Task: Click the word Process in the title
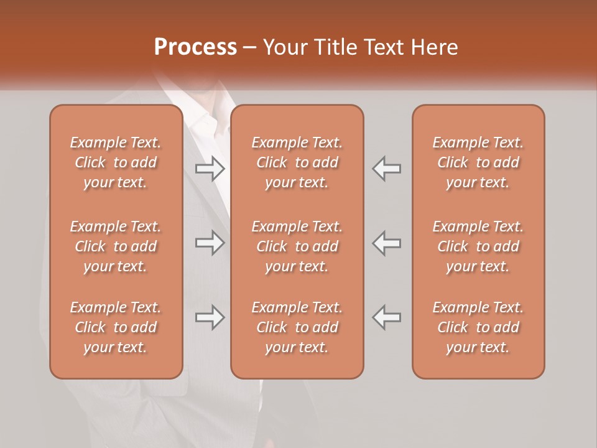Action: (195, 47)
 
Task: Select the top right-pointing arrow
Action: (210, 169)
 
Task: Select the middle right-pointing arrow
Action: (210, 243)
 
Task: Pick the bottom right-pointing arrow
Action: (210, 317)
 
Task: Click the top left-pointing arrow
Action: (386, 169)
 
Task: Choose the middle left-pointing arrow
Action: (386, 243)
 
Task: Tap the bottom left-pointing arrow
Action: (386, 317)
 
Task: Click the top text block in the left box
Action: (116, 162)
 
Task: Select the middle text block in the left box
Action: (116, 246)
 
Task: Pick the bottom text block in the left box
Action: (116, 327)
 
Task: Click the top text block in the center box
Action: (297, 162)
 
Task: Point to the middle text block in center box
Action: (297, 246)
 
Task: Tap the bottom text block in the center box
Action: (297, 327)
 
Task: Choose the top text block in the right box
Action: (478, 162)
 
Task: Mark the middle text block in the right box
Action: (478, 246)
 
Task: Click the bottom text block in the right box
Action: (478, 327)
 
